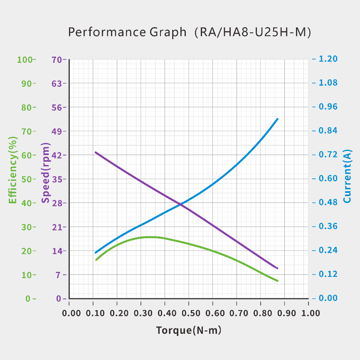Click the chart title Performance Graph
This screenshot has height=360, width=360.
(127, 32)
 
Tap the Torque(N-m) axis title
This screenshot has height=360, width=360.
(189, 330)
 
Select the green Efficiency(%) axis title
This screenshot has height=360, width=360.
(13, 170)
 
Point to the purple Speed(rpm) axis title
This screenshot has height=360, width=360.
(45, 173)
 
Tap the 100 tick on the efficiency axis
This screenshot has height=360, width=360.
(25, 59)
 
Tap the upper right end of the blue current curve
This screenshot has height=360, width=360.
(277, 119)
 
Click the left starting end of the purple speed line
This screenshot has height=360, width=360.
(96, 152)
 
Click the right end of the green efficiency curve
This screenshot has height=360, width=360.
(277, 281)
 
